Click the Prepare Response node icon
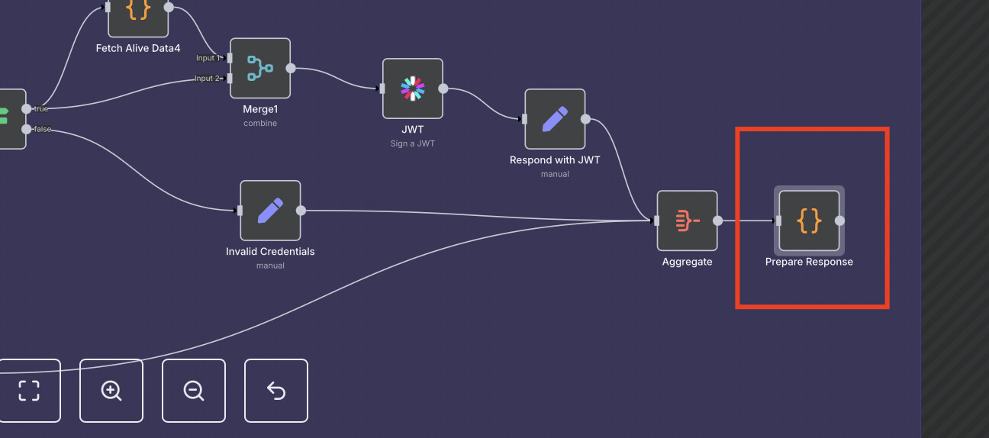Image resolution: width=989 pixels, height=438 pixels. click(809, 221)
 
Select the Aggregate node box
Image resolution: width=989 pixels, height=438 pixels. click(687, 221)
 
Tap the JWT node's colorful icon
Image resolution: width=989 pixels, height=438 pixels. click(413, 89)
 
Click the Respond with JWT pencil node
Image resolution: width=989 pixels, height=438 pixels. click(555, 119)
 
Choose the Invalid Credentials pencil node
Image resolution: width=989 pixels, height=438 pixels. click(270, 211)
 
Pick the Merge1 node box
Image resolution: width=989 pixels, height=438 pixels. click(260, 69)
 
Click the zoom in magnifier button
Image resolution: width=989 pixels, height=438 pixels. click(111, 391)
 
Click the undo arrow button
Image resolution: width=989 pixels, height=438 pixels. click(276, 391)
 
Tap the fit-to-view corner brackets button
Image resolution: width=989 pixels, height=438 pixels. click(29, 391)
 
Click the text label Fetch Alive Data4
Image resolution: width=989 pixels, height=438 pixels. click(138, 48)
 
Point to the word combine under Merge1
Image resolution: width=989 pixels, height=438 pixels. click(260, 123)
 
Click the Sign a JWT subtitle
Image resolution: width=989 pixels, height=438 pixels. click(413, 143)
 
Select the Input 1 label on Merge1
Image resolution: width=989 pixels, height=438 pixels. click(207, 58)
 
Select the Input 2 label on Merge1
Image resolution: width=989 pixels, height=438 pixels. click(207, 78)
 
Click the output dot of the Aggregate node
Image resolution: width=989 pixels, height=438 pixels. click(717, 221)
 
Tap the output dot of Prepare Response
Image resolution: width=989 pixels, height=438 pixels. click(839, 221)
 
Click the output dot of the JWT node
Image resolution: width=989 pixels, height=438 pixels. click(443, 89)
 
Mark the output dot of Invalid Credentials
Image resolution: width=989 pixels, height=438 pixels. click(301, 211)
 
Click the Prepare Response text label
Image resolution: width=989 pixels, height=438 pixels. click(809, 262)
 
